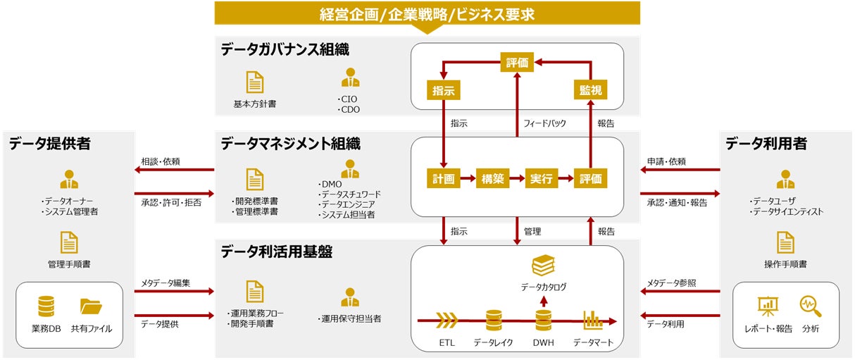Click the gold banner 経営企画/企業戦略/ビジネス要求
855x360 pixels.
[x=427, y=13]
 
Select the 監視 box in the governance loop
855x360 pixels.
[x=589, y=90]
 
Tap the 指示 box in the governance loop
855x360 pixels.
[x=444, y=90]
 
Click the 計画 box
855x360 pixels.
[x=444, y=178]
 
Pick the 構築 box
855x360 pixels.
[x=492, y=178]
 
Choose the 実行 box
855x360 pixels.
[x=541, y=178]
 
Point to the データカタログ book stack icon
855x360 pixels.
[x=543, y=266]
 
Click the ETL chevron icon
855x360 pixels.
[x=447, y=321]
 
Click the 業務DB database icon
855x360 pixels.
[x=46, y=307]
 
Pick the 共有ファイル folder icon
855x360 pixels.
[x=91, y=307]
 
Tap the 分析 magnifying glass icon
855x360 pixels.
[x=810, y=306]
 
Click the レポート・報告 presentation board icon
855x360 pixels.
[x=767, y=306]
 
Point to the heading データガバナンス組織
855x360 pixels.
[x=285, y=49]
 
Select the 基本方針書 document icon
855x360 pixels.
[x=254, y=82]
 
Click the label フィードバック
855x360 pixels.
[x=544, y=123]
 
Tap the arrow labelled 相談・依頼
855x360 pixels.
[x=177, y=170]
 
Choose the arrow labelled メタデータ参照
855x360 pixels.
[x=680, y=291]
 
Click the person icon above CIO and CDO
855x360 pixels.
[x=349, y=78]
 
